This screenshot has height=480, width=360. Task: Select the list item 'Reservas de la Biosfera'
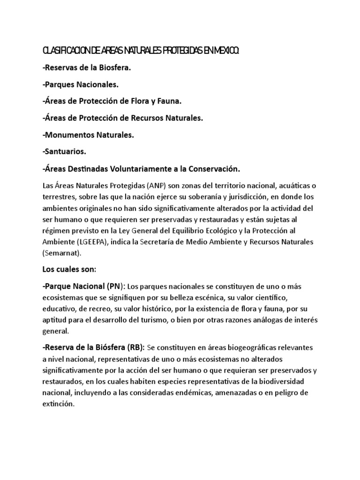[87, 67]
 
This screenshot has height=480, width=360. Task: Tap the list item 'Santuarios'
[64, 151]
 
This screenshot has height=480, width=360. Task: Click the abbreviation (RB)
[136, 348]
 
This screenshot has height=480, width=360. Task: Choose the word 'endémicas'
[194, 392]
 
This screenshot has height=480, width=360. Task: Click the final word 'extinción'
[58, 404]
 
